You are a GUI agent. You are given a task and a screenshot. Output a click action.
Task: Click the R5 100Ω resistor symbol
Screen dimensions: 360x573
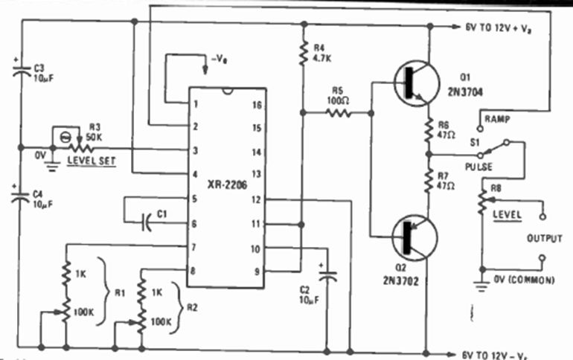[338, 113]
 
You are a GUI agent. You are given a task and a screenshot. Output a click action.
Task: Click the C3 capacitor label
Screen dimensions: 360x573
[40, 66]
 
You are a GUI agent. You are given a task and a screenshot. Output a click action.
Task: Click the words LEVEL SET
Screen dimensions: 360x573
[92, 159]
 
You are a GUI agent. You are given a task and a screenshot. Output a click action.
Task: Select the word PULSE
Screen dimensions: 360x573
[478, 167]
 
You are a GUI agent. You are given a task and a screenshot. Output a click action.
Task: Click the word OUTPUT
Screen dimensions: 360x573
[544, 238]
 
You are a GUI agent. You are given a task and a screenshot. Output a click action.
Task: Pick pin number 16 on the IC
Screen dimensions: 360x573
[257, 106]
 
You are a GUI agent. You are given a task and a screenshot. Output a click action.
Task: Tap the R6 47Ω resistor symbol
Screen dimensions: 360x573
[429, 131]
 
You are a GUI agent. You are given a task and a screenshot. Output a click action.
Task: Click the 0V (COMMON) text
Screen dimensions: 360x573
[525, 280]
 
